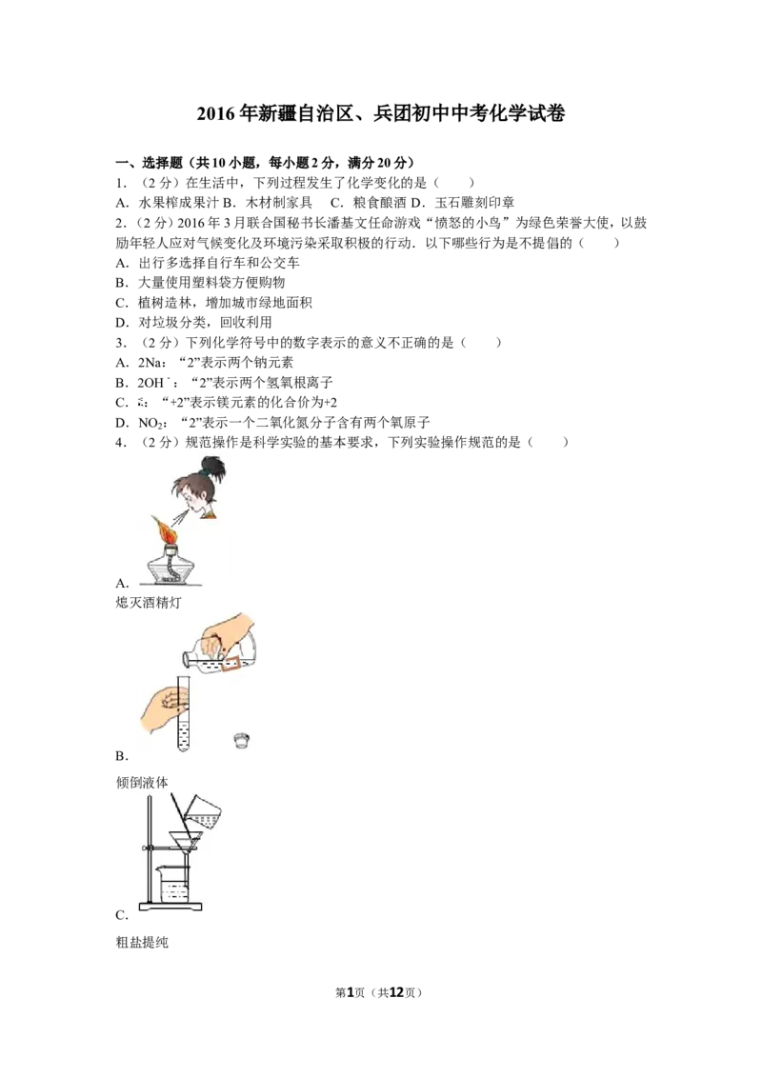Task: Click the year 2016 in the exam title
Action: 216,113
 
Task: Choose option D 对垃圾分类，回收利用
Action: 194,323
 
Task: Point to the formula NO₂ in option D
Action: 150,423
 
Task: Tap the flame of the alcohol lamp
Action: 167,527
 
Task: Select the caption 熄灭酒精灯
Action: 149,603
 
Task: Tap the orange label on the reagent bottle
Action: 231,662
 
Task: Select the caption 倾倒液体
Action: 142,783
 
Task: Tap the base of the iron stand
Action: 171,907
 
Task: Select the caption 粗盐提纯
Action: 142,943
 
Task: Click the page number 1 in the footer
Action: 350,992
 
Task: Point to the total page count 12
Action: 397,992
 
